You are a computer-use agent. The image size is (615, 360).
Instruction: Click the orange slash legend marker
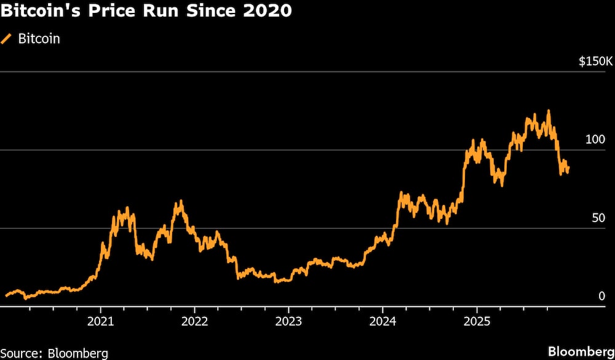(7, 39)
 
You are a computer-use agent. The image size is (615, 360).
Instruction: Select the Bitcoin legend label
(39, 39)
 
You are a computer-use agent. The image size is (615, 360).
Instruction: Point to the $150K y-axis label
(595, 62)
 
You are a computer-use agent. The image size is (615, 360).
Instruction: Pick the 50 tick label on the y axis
(599, 218)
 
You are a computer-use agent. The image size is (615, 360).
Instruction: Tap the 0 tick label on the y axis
(602, 297)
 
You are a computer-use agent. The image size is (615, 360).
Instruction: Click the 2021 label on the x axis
(101, 321)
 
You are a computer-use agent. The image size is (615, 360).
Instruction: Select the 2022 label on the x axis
(194, 321)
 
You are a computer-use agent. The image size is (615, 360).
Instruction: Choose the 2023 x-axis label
(288, 321)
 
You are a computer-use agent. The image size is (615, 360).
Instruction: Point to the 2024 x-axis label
(383, 321)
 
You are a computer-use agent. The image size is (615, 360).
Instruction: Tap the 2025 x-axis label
(477, 321)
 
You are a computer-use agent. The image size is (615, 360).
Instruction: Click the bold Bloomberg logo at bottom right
(581, 351)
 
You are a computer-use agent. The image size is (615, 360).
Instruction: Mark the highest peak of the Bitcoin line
(548, 111)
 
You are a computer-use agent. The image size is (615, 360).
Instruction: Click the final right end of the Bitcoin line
(568, 167)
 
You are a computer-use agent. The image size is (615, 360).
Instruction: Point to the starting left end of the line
(6, 295)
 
